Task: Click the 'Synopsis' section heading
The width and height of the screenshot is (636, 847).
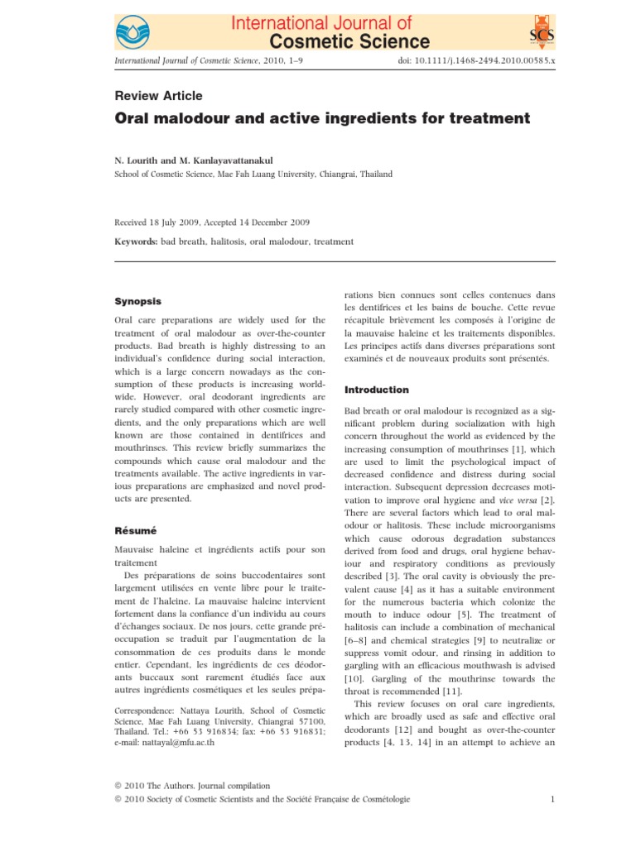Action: pyautogui.click(x=137, y=301)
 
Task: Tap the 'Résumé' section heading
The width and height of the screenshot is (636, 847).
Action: pyautogui.click(x=135, y=528)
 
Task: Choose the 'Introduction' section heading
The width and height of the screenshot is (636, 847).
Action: pyautogui.click(x=376, y=389)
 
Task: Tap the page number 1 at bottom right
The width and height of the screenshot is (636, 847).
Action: pyautogui.click(x=552, y=798)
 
